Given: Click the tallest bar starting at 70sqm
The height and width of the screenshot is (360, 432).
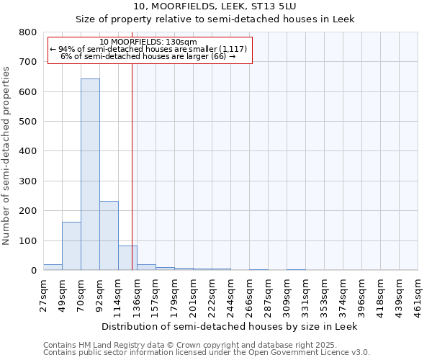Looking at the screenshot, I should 90,174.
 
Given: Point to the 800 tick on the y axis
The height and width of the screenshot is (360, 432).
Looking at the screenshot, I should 28,32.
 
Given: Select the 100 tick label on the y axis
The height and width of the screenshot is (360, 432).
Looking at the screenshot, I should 28,240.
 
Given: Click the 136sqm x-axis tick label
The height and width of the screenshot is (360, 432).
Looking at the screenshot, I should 137,295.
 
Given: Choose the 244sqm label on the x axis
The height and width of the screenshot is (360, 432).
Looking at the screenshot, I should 230,295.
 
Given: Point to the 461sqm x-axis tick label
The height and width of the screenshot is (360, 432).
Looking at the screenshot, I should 418,295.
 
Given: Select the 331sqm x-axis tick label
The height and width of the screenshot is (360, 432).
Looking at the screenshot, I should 305,295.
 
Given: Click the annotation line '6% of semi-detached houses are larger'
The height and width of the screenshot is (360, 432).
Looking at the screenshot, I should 148,56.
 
